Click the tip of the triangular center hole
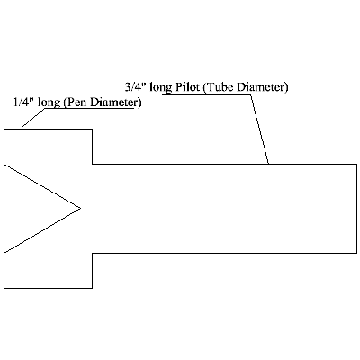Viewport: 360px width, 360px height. click(x=80, y=208)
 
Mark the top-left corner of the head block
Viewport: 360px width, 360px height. click(x=4, y=130)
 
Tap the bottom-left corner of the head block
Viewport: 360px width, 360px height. click(x=4, y=288)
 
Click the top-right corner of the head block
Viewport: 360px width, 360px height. click(x=92, y=130)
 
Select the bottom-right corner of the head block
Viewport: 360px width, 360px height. click(x=92, y=288)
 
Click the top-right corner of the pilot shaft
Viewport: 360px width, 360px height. click(x=356, y=164)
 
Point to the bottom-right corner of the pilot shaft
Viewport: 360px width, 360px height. click(x=356, y=253)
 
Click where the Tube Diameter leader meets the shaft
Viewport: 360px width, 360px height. click(x=268, y=164)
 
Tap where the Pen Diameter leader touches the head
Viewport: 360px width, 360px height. click(x=22, y=129)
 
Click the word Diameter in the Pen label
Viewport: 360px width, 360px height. click(x=116, y=102)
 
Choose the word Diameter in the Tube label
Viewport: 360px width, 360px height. click(x=263, y=87)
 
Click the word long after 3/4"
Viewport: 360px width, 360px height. click(x=160, y=87)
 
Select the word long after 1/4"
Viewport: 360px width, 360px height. click(x=49, y=103)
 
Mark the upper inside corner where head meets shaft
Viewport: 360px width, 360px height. click(x=92, y=164)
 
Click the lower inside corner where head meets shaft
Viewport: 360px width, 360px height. click(x=92, y=253)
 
